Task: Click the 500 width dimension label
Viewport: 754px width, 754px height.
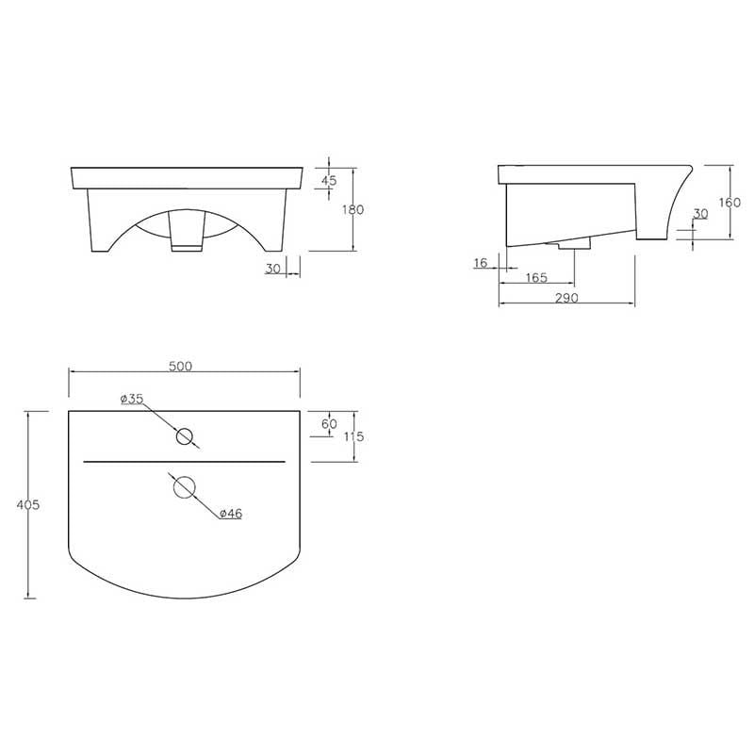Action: (x=180, y=366)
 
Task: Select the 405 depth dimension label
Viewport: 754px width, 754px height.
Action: (x=28, y=505)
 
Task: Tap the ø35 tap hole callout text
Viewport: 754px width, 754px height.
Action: (x=132, y=399)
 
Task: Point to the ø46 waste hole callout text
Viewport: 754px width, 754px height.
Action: (x=231, y=514)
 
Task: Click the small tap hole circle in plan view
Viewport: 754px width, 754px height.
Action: (x=184, y=436)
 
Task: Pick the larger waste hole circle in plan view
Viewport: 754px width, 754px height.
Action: (x=184, y=487)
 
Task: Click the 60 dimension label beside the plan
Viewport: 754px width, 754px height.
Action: (x=329, y=423)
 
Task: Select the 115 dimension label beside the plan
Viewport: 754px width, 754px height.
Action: (x=354, y=436)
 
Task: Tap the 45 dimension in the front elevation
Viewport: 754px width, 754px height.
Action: (x=329, y=181)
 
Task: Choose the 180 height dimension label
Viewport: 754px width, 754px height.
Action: (x=352, y=209)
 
